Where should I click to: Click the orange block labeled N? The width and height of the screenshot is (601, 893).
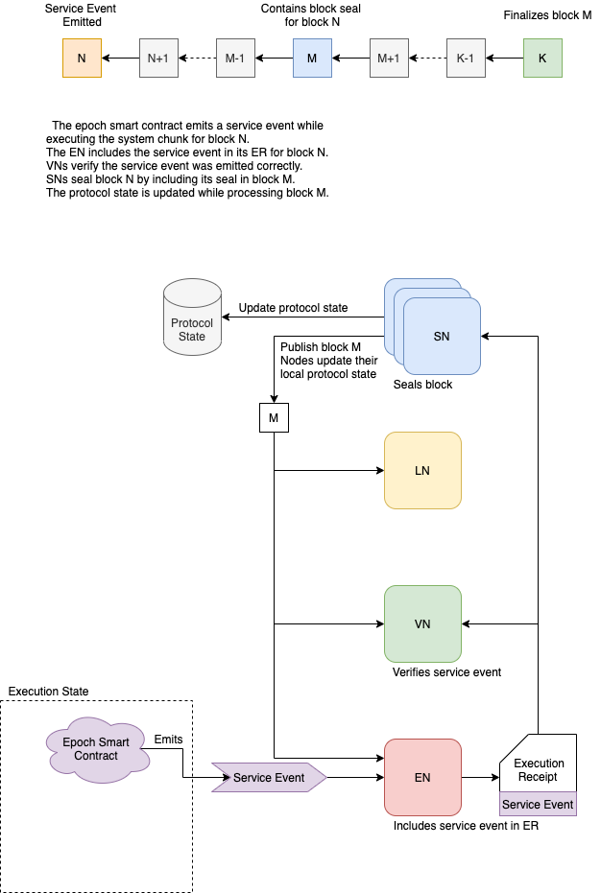(x=82, y=59)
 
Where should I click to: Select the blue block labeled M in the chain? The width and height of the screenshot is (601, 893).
(x=312, y=59)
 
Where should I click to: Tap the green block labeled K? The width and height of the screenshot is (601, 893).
(x=542, y=59)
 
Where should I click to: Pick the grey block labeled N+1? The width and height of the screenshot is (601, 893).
(x=158, y=59)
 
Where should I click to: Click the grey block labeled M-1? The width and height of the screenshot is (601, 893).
(x=235, y=59)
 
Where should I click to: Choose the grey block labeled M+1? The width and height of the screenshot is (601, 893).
(x=389, y=59)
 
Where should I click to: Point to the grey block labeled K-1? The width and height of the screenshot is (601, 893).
(x=466, y=59)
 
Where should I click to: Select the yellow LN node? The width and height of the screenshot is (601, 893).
(x=422, y=470)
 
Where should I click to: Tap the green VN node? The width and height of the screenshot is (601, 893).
(x=422, y=623)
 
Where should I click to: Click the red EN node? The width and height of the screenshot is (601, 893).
(x=422, y=777)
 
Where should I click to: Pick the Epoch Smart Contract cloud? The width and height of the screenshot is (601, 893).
(x=96, y=749)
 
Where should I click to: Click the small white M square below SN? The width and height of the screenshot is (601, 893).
(x=274, y=418)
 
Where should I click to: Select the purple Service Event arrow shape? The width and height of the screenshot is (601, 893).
(x=269, y=778)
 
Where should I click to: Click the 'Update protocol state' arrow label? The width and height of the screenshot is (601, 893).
(x=293, y=308)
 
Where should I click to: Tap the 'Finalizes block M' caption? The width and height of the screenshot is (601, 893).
(x=547, y=15)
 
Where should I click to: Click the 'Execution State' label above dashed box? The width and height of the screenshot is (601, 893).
(x=48, y=692)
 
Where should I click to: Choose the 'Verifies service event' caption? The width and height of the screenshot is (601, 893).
(x=446, y=672)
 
